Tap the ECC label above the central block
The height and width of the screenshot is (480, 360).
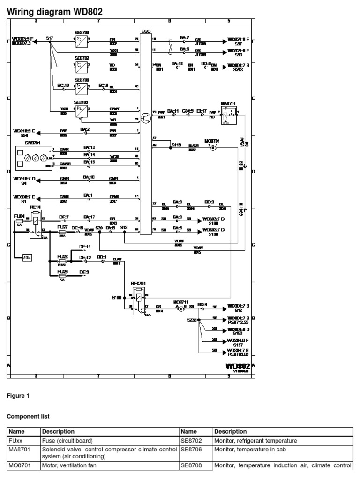(x=146, y=32)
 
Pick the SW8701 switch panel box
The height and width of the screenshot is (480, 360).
(x=32, y=156)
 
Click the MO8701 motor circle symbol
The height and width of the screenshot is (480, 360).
(x=212, y=148)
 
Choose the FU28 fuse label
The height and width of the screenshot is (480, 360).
(x=62, y=257)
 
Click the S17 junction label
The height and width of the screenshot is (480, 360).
(x=49, y=37)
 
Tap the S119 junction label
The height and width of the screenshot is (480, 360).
(x=176, y=145)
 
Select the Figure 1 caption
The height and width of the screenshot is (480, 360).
(x=18, y=396)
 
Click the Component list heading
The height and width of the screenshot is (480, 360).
(x=28, y=416)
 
